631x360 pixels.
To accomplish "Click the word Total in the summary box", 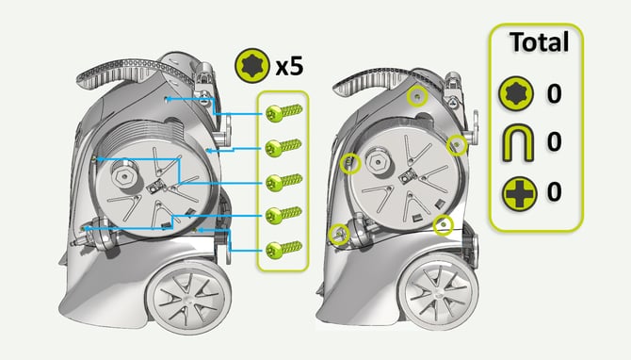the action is (x=539, y=41).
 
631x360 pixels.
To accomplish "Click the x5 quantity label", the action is (x=289, y=66).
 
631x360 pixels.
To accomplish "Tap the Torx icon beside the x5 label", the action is (x=252, y=65).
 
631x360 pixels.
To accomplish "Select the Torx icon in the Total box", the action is (x=516, y=93).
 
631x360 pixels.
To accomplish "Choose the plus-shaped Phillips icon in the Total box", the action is (x=520, y=194).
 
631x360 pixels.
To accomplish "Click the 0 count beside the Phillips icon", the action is (x=554, y=191).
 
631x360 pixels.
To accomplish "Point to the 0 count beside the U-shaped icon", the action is (x=554, y=141).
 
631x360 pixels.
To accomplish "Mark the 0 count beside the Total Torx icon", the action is (x=554, y=93).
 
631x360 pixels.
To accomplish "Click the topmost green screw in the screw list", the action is (x=283, y=112).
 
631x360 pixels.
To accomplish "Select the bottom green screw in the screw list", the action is (x=283, y=250).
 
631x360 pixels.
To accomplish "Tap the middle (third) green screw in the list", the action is (x=283, y=182).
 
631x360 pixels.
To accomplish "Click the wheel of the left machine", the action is (x=188, y=299).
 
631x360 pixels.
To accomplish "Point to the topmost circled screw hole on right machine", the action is (x=417, y=96).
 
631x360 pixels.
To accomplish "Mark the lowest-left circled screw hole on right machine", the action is (x=339, y=234).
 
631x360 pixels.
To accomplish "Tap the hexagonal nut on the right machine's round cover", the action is (x=378, y=162).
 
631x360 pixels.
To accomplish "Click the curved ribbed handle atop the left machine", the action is (x=129, y=73).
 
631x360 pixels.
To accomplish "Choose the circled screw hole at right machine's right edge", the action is (x=457, y=145).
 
